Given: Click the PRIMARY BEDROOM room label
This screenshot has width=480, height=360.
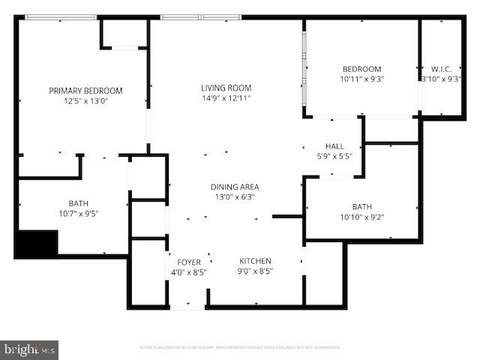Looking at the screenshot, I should (85, 91).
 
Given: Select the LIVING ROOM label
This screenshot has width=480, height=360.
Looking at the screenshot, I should (226, 88).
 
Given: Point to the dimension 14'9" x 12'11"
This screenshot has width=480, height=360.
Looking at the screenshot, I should (226, 97).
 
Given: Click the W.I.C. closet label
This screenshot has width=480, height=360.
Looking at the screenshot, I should (440, 69).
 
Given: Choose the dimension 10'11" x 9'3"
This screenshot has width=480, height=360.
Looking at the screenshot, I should (361, 79).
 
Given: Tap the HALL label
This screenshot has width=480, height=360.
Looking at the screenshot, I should (334, 145).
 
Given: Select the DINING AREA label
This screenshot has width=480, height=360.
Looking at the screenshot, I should (235, 187).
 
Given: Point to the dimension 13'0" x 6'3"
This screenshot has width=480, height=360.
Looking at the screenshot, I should (235, 196).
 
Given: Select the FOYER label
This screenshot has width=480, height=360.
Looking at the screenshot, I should (189, 262).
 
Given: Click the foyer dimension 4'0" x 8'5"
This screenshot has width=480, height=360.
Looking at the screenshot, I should (189, 271).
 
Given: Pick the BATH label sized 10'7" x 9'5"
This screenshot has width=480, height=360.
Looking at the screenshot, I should (79, 203).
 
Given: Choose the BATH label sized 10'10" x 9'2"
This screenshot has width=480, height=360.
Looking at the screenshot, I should (362, 207).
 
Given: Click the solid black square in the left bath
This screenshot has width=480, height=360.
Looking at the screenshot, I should (37, 244).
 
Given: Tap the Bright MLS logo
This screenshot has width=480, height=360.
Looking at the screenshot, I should (30, 349).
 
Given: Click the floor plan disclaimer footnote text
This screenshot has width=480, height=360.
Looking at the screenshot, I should (240, 347).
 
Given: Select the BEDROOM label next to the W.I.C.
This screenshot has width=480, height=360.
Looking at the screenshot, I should (361, 69).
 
